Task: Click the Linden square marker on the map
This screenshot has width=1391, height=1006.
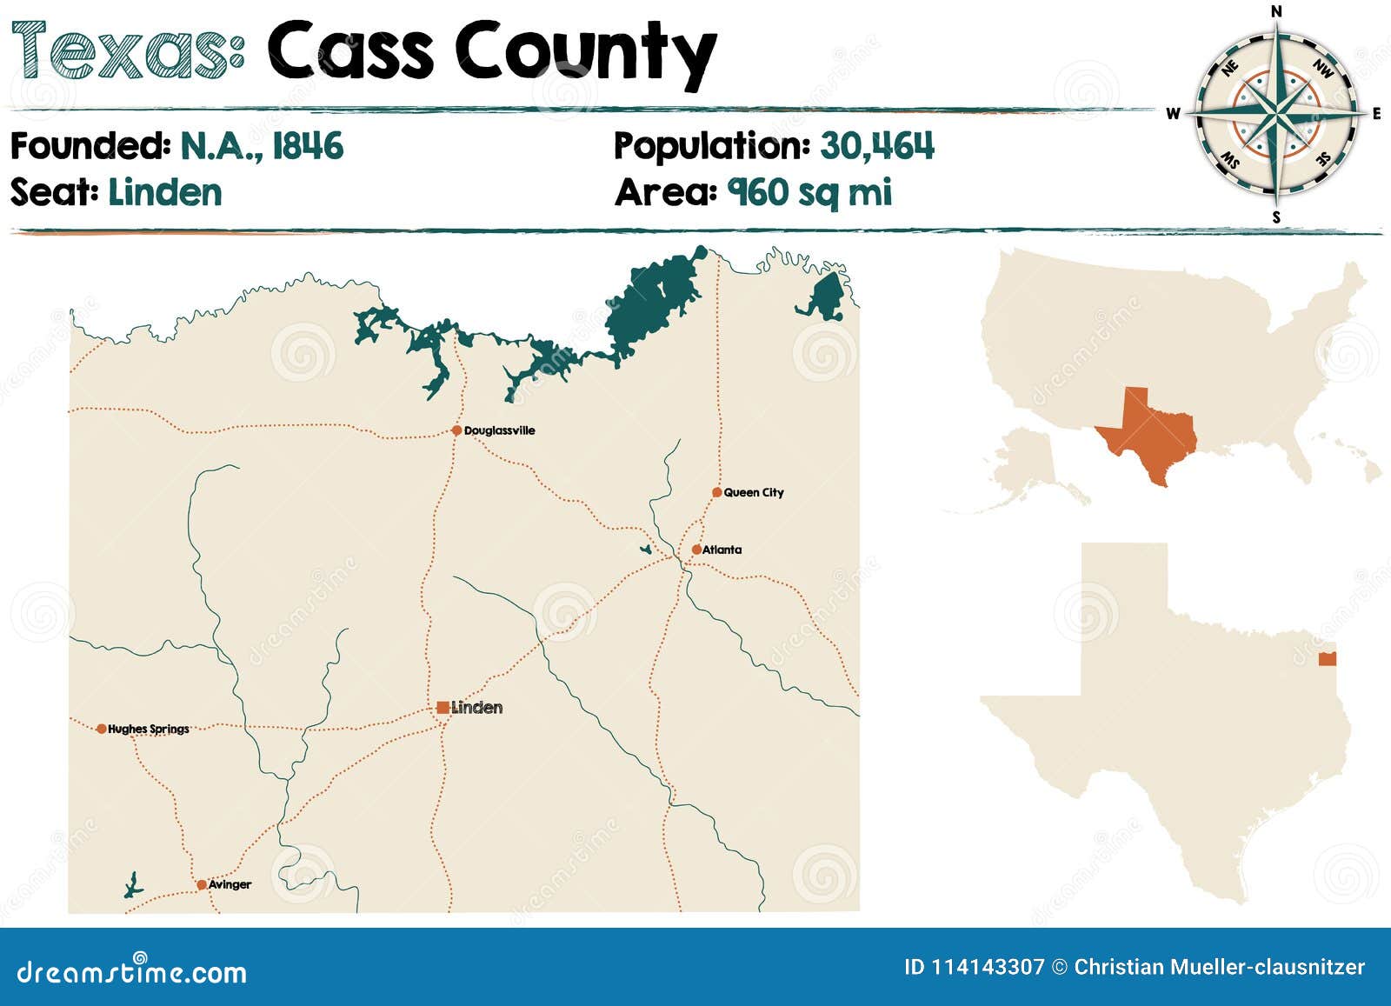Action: coord(443,708)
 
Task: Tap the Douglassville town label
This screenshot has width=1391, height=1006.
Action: coord(499,430)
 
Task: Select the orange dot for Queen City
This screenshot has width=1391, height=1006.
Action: coord(716,492)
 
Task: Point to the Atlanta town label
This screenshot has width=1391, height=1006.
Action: coord(722,550)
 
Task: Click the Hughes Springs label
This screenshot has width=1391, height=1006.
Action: coord(148,729)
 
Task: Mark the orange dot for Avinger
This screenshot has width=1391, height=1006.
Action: coord(202,885)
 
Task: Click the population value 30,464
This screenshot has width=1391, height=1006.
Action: coord(876,146)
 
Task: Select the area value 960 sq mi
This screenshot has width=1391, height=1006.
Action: coord(809,192)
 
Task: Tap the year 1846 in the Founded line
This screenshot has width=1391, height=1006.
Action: coord(308,146)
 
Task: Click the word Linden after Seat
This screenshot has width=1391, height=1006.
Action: coord(165,192)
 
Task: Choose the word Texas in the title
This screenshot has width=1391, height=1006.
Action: coord(126,50)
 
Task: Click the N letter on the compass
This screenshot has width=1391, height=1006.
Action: coord(1276,11)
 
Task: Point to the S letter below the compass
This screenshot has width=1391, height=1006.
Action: coord(1276,217)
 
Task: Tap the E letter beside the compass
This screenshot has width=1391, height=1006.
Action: coord(1376,114)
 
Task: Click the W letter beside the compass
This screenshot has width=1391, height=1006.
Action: coord(1173,114)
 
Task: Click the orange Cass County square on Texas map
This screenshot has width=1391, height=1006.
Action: coord(1327,659)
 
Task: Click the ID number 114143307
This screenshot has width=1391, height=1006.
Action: coord(988,967)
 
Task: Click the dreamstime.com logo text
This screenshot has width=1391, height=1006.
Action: coord(131,971)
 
